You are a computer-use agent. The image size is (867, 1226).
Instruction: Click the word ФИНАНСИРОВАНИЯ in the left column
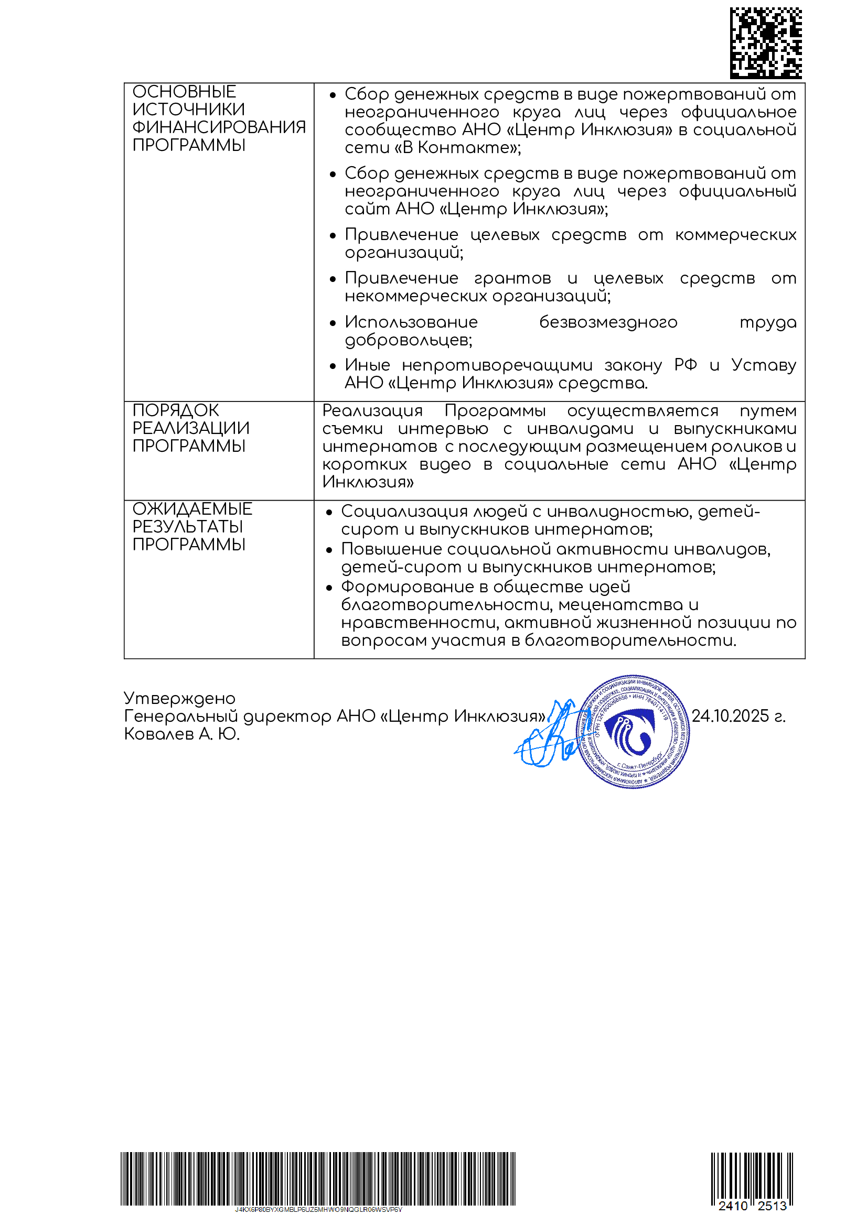click(x=219, y=127)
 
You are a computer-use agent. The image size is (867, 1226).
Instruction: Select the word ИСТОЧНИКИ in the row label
click(x=189, y=110)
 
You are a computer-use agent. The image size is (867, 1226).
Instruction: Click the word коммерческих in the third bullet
click(x=735, y=235)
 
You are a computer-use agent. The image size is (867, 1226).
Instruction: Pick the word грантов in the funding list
click(x=512, y=278)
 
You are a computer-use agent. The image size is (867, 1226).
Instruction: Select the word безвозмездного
click(x=608, y=322)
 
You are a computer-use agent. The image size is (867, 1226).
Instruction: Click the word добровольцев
click(x=408, y=340)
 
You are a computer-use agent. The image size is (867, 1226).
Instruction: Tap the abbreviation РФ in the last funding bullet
click(x=686, y=365)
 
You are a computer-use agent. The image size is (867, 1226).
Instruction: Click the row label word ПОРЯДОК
click(x=176, y=410)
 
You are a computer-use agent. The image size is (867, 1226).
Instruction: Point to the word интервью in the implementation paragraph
click(x=443, y=429)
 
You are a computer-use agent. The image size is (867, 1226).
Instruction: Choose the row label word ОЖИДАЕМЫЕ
click(x=192, y=509)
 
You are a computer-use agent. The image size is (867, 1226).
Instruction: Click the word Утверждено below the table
click(x=179, y=698)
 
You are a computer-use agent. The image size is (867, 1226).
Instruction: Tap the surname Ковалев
click(x=158, y=734)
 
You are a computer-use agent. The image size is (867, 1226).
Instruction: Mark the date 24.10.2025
click(x=730, y=716)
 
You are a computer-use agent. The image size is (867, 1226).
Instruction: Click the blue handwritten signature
click(x=550, y=737)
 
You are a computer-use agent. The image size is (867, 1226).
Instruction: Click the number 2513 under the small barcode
click(x=772, y=1206)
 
